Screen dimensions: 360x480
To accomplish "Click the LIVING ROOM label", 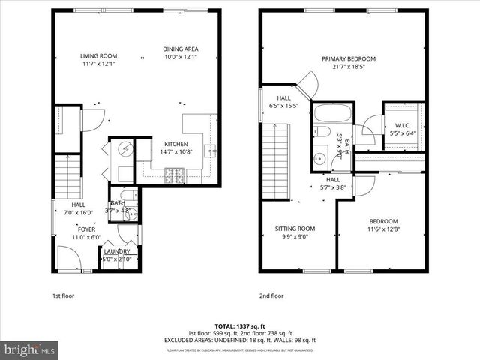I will pyautogui.click(x=100, y=55).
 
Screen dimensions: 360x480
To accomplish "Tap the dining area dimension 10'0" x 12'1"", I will pyautogui.click(x=181, y=58).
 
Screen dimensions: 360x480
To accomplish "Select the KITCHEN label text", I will pyautogui.click(x=176, y=144).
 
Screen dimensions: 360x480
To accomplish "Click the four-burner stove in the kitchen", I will pyautogui.click(x=177, y=176).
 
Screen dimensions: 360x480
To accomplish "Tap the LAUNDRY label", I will pyautogui.click(x=117, y=251).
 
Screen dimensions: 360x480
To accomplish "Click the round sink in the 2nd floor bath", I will pyautogui.click(x=321, y=158).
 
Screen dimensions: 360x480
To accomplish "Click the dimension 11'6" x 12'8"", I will pyautogui.click(x=382, y=229).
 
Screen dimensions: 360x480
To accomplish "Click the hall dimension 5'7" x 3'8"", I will pyautogui.click(x=333, y=188).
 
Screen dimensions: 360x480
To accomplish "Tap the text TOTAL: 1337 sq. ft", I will pyautogui.click(x=239, y=326).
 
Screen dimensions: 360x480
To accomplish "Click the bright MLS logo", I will pyautogui.click(x=30, y=349).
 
